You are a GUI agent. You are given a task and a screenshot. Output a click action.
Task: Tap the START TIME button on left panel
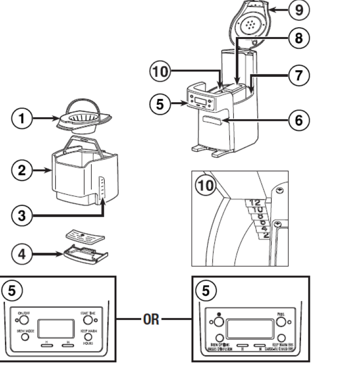coord(88,319)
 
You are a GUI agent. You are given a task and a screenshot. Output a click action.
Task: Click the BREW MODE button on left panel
coord(23,338)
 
